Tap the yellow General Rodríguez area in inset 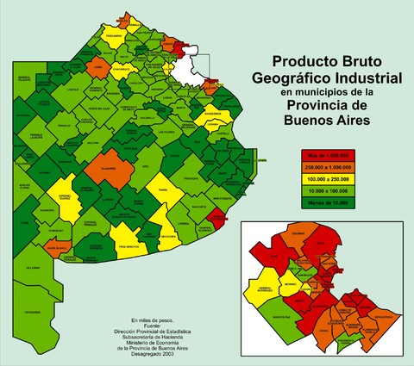(x=262, y=289)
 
